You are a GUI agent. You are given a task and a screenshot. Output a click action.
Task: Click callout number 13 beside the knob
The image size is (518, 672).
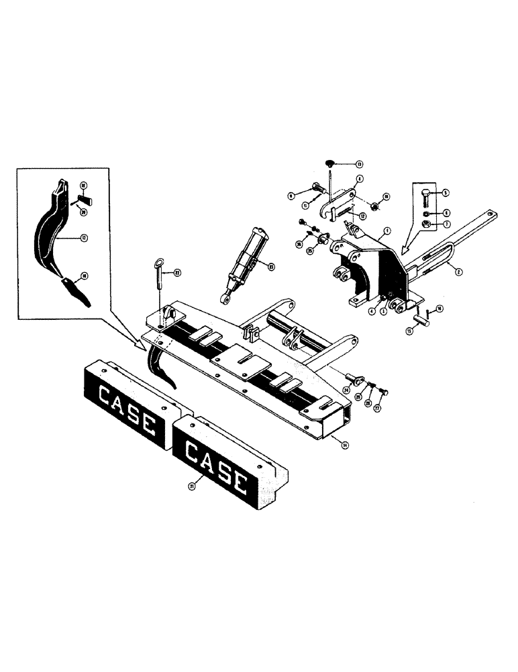359,164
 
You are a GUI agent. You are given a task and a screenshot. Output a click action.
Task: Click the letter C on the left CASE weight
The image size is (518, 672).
105,397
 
